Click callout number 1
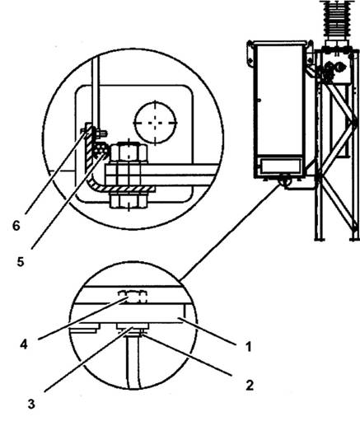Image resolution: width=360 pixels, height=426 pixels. [249, 347]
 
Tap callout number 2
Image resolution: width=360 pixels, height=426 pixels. [250, 386]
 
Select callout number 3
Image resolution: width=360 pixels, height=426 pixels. [31, 404]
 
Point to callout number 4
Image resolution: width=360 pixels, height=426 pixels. [24, 344]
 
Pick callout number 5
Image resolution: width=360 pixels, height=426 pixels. [21, 262]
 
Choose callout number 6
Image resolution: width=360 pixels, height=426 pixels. [16, 226]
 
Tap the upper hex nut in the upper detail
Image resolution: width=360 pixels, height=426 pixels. [129, 152]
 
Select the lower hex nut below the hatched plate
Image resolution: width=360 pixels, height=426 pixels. [129, 201]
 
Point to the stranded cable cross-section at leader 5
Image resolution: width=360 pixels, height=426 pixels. [100, 151]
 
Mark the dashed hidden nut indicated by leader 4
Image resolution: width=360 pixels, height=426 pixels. [133, 297]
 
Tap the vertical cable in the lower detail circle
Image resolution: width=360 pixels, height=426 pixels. [133, 363]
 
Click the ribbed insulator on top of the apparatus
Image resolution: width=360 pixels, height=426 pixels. [336, 19]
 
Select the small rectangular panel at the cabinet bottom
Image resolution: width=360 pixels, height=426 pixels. [280, 166]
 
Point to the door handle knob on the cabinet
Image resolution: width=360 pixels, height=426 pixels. [259, 101]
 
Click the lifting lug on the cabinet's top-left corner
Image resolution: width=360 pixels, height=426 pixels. [250, 54]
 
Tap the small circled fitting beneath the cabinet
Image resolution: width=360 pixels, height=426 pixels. [284, 181]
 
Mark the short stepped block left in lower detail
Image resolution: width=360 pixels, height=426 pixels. [84, 328]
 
